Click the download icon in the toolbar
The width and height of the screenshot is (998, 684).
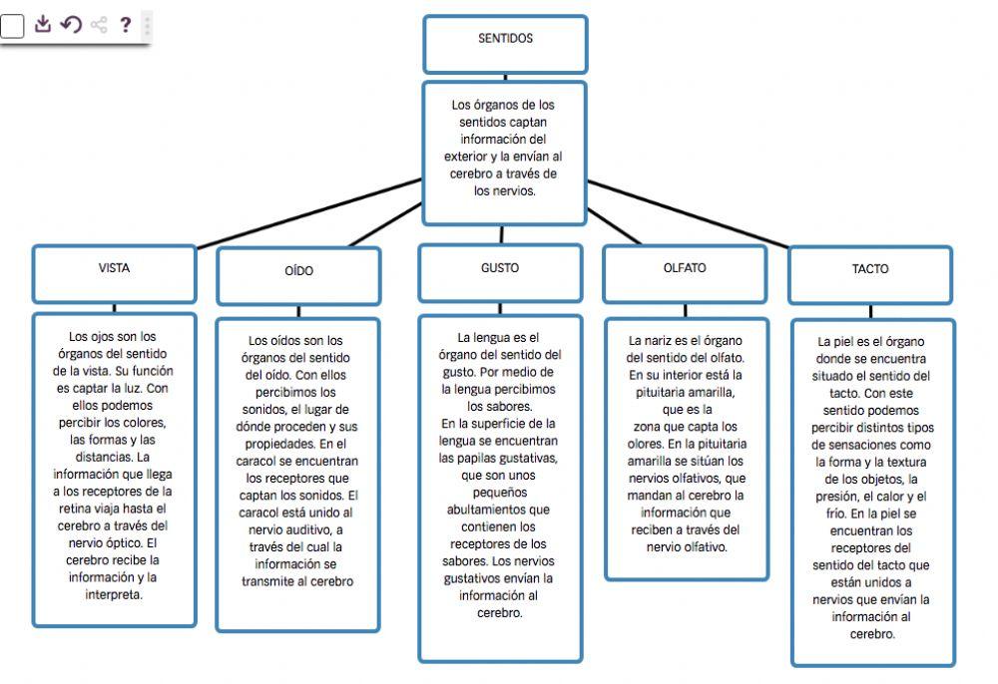42,24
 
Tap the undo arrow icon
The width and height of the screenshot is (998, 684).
70,24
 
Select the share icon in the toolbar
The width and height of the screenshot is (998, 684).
98,25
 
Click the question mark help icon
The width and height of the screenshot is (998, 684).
125,24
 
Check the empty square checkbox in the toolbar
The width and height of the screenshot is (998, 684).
11,26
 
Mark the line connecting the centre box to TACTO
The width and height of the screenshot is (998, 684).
699,214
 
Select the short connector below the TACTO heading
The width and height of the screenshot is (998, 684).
870,311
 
